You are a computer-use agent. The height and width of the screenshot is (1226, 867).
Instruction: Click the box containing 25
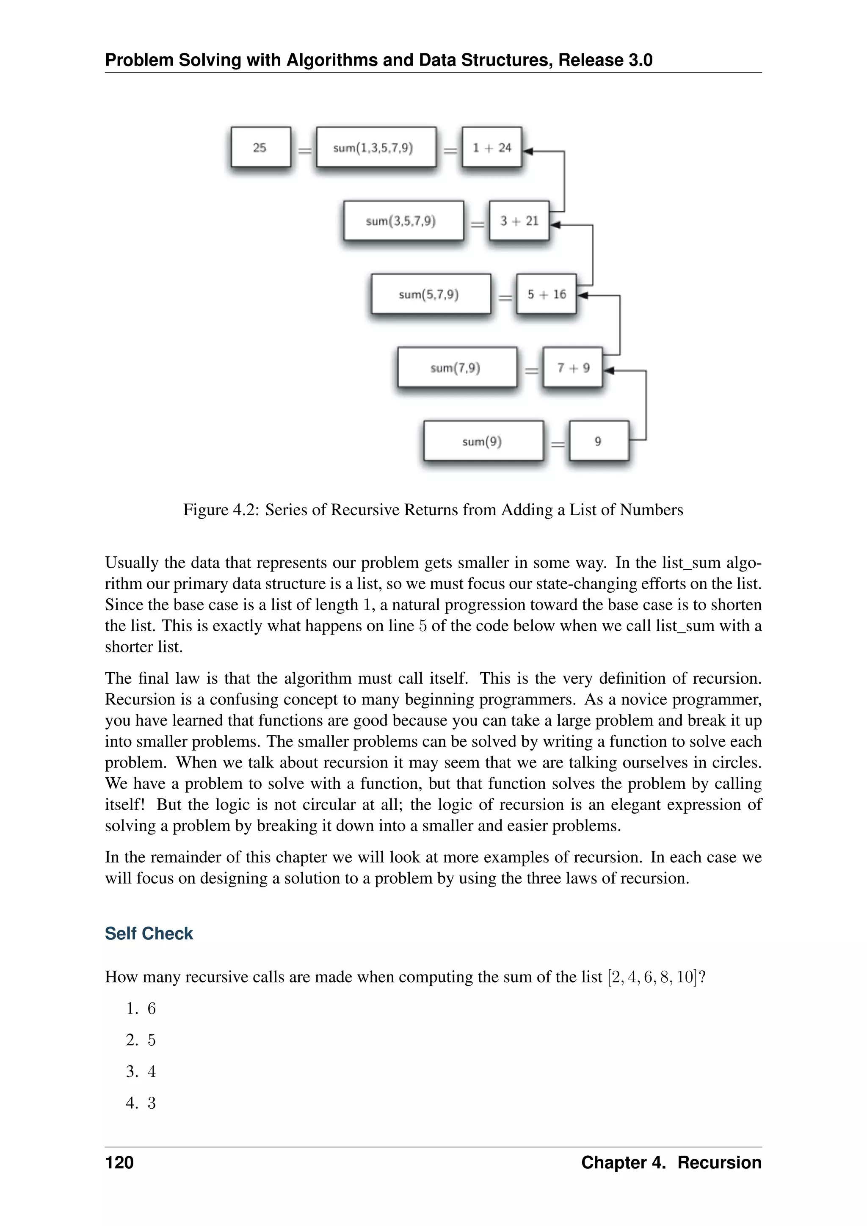point(260,147)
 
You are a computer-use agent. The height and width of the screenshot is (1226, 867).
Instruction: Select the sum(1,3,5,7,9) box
point(376,147)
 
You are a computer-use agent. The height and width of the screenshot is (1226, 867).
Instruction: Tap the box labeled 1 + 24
point(491,147)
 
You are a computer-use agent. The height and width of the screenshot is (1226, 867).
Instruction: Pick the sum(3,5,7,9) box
point(403,221)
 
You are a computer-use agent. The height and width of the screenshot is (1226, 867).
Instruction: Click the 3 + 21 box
point(519,221)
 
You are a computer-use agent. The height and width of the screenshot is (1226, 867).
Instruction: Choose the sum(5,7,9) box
point(430,294)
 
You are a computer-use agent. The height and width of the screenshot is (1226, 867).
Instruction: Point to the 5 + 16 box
point(546,294)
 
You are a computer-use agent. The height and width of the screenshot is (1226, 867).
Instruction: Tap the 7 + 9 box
point(573,367)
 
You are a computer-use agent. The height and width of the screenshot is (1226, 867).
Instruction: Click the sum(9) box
point(483,441)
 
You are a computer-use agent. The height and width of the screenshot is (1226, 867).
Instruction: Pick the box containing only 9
point(599,441)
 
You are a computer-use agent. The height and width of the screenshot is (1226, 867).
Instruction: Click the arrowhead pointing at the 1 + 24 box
point(527,152)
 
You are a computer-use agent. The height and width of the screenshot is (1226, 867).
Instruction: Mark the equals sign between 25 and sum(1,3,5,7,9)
point(304,151)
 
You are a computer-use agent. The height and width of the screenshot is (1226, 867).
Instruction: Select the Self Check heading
point(149,933)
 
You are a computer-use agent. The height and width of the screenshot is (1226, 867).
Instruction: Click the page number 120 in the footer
point(119,1162)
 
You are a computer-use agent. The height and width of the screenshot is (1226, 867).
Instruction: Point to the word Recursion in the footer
point(719,1162)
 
